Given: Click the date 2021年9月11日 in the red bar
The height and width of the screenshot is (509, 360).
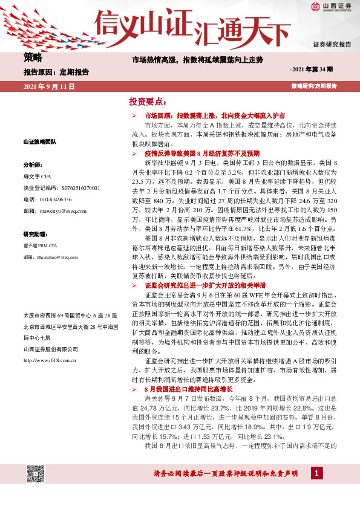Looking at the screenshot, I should coord(48,87).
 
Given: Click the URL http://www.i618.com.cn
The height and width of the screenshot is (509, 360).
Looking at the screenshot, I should coord(50,361).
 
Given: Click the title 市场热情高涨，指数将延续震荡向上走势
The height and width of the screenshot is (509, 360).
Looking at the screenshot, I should coord(198,60).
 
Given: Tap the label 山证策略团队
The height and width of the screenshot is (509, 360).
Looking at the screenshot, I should coord(39,141).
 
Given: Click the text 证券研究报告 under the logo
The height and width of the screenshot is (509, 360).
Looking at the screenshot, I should coord(332,45).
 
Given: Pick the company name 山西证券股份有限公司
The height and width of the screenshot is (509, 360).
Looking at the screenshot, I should coord(50,349).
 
